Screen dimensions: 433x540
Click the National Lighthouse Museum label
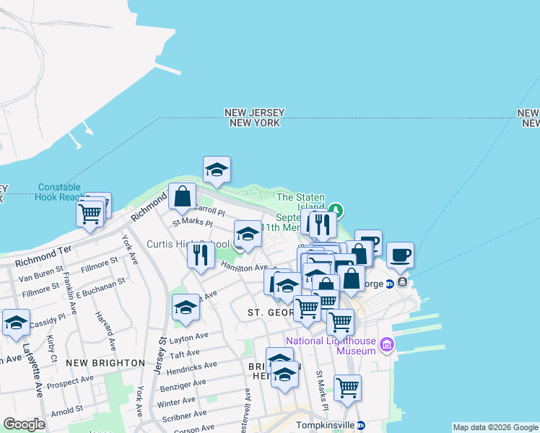(331, 346)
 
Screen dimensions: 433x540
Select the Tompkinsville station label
(325, 425)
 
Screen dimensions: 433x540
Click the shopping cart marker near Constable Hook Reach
(90, 213)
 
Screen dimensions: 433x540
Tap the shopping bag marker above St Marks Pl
(183, 195)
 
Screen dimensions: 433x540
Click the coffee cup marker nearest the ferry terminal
(400, 254)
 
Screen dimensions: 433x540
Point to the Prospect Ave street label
(70, 380)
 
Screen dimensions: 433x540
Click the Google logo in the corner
(24, 424)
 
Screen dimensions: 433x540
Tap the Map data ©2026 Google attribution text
(495, 427)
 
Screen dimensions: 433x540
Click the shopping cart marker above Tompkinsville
(347, 387)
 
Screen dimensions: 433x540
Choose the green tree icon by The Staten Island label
(334, 210)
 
